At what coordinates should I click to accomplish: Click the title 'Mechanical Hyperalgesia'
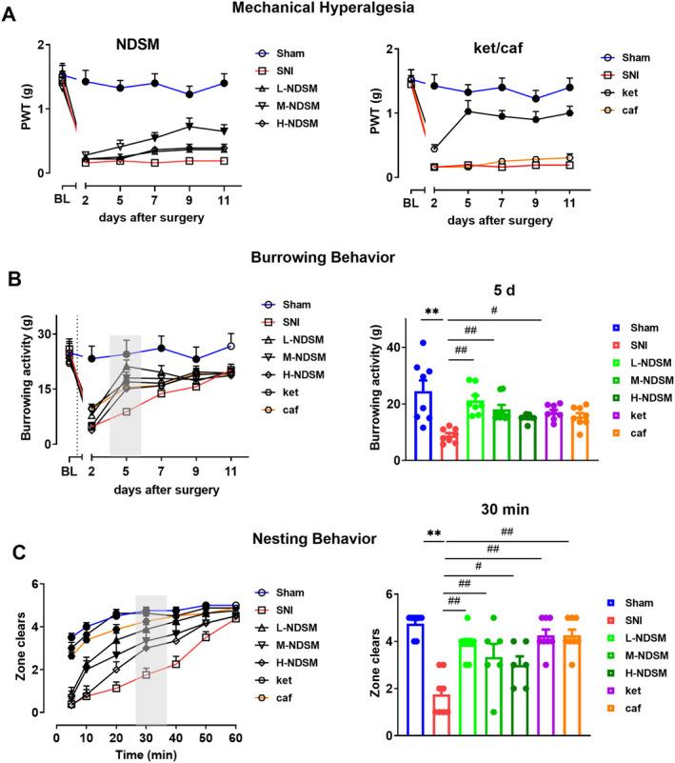point(338,9)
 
